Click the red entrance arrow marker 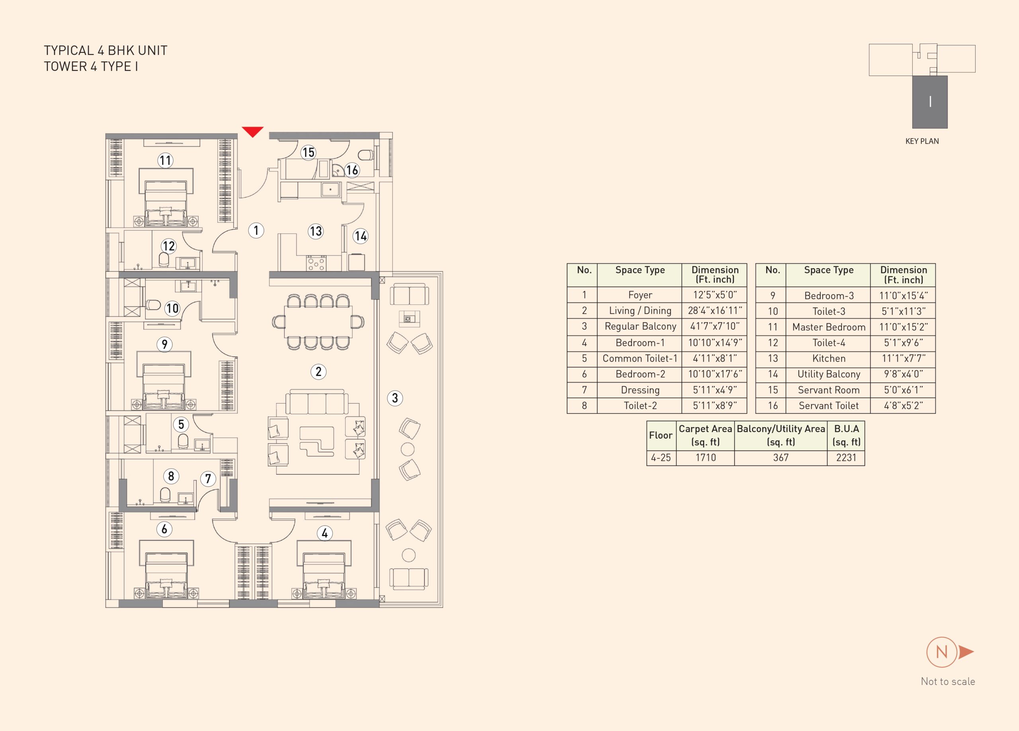point(252,132)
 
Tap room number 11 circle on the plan point(165,160)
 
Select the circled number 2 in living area point(318,372)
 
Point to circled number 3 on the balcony point(395,398)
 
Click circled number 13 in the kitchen point(315,231)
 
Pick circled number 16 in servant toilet point(352,170)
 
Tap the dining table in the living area point(318,321)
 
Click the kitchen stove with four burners point(316,263)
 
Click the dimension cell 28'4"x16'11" point(714,310)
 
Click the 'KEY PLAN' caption point(922,141)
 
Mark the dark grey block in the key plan point(929,102)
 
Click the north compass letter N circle point(942,652)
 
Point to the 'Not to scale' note point(948,682)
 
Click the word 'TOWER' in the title point(65,66)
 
